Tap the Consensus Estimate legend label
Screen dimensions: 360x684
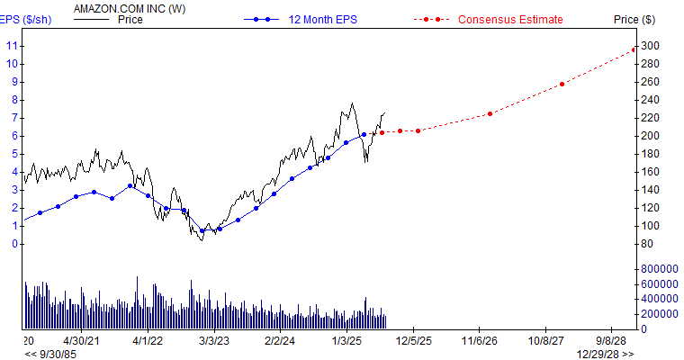click(x=509, y=19)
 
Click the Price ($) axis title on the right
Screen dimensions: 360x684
click(x=635, y=19)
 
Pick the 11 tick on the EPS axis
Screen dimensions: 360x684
click(x=12, y=45)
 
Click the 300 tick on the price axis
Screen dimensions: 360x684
click(x=650, y=46)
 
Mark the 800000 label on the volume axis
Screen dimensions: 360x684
click(x=660, y=269)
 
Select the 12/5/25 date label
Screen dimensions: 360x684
click(x=413, y=341)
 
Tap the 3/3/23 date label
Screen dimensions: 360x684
click(x=214, y=341)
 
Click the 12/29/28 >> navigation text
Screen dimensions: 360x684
click(x=605, y=354)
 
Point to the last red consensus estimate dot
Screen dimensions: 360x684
click(x=634, y=49)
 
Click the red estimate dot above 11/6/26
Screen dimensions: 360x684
click(x=490, y=113)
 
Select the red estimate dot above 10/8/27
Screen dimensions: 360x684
click(x=562, y=84)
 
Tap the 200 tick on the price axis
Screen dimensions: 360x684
click(x=650, y=136)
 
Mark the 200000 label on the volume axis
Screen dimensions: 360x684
click(x=660, y=314)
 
